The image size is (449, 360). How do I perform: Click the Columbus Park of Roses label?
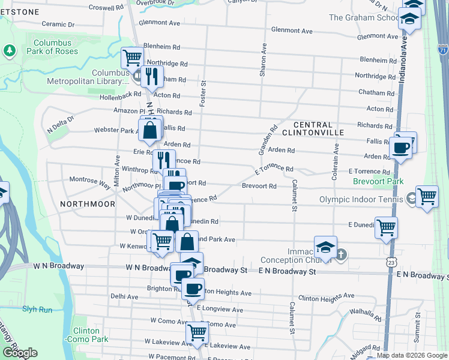52,47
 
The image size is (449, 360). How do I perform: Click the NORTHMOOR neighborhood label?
88,204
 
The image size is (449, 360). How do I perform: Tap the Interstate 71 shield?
442,51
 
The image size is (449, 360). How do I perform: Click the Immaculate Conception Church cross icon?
340,254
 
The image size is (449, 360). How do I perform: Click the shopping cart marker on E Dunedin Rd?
386,227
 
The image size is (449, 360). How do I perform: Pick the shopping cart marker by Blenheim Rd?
132,58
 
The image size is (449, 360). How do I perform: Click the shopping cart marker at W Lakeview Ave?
197,332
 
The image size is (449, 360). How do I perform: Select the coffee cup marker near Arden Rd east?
400,147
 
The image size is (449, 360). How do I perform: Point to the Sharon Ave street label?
262,60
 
